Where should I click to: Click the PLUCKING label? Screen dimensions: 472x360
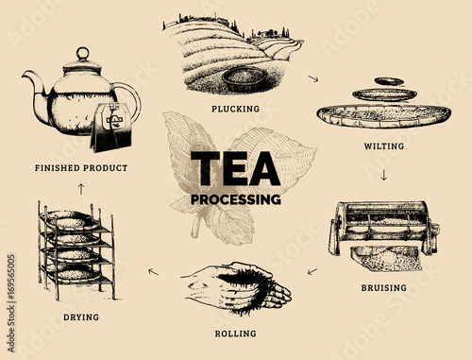(x=235, y=109)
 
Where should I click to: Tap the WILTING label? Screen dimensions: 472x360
(x=384, y=146)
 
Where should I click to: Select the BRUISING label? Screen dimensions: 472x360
(x=383, y=287)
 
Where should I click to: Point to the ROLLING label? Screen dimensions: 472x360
(x=235, y=334)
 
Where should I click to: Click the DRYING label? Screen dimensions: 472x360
(x=81, y=317)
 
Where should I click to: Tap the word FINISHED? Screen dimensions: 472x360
(x=58, y=168)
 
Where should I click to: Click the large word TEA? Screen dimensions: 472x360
(x=235, y=168)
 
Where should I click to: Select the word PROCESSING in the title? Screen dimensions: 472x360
(x=236, y=199)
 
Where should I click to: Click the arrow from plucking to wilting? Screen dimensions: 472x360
(x=313, y=78)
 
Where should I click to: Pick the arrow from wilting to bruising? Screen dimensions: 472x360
(x=383, y=175)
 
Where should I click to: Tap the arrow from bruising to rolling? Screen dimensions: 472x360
(x=312, y=271)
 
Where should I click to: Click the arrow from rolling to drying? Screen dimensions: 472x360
(x=153, y=271)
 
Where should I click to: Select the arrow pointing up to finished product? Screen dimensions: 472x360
(x=81, y=189)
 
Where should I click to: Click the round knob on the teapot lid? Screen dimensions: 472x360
(x=83, y=53)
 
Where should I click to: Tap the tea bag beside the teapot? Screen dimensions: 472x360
(x=110, y=128)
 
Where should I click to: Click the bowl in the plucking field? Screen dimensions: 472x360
(x=244, y=78)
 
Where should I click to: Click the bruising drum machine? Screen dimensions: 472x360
(x=384, y=229)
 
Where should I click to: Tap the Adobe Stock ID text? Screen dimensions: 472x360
(x=11, y=303)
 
